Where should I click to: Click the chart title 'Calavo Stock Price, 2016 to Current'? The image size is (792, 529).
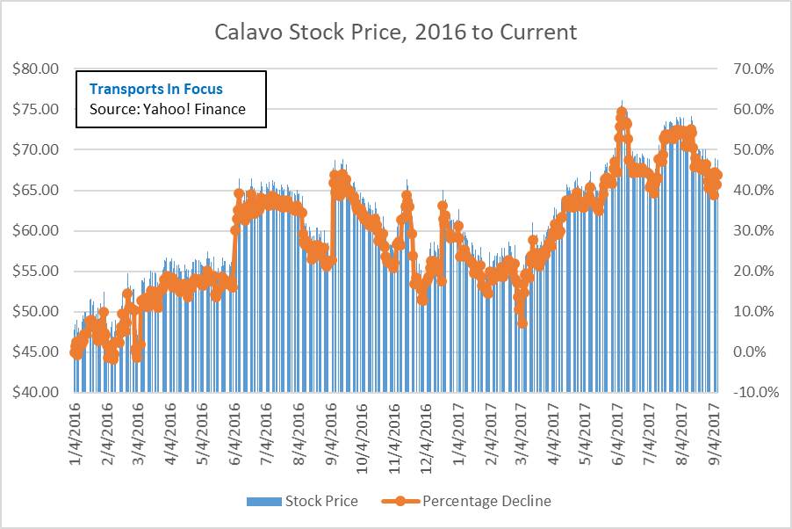(396, 33)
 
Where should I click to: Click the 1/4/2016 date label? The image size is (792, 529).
(76, 431)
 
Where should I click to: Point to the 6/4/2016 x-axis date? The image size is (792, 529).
(234, 431)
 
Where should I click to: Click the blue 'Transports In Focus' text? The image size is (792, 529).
(156, 89)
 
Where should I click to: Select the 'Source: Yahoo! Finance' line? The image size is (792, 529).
(168, 109)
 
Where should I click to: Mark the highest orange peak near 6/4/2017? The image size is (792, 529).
(622, 112)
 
